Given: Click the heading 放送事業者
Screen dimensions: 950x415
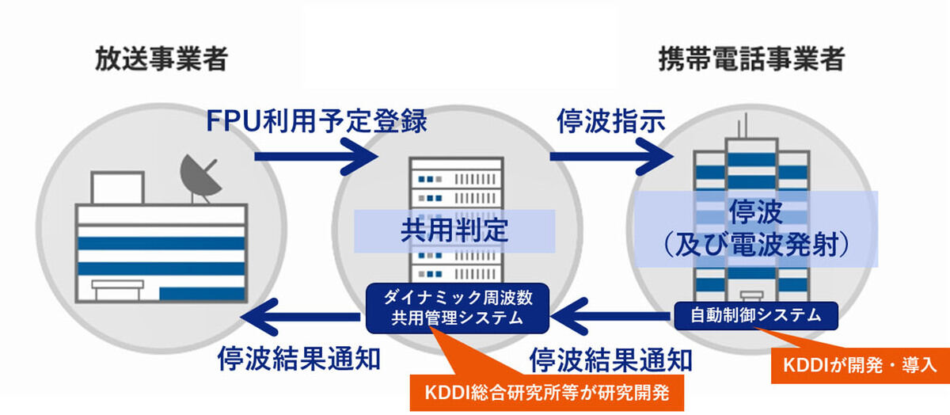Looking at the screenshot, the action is [x=161, y=59].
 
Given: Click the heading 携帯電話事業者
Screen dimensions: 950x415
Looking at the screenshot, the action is [x=752, y=59].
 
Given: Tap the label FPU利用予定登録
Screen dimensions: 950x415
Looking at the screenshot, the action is [x=317, y=121].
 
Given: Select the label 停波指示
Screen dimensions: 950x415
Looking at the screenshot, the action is [x=610, y=121].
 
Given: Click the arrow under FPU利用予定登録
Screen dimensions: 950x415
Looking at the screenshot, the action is [x=316, y=157].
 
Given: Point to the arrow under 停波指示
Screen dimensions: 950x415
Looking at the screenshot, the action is [x=611, y=157].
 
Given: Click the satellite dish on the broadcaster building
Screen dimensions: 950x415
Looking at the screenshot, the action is [x=199, y=179].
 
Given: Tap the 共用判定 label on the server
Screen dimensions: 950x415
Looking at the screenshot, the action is [x=454, y=231].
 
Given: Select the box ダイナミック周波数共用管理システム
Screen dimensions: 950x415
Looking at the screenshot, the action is [x=458, y=308].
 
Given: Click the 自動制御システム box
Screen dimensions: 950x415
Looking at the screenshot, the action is [x=756, y=316].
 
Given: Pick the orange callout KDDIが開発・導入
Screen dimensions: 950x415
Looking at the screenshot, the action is [x=860, y=365].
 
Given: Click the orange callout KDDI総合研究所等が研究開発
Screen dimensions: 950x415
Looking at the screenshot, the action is [x=547, y=393].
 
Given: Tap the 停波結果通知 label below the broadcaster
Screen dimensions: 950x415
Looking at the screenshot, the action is [x=299, y=359].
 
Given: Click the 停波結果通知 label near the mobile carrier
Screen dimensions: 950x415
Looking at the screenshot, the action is [x=610, y=360].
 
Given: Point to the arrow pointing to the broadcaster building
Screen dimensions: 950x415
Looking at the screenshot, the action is [x=300, y=317].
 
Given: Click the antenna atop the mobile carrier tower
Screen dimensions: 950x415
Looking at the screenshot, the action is [x=743, y=126].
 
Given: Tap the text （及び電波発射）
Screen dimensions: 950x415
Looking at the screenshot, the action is [x=756, y=246].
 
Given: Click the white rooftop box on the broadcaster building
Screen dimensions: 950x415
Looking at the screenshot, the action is [x=117, y=188].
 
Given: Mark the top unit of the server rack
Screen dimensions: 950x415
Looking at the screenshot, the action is [x=456, y=179].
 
